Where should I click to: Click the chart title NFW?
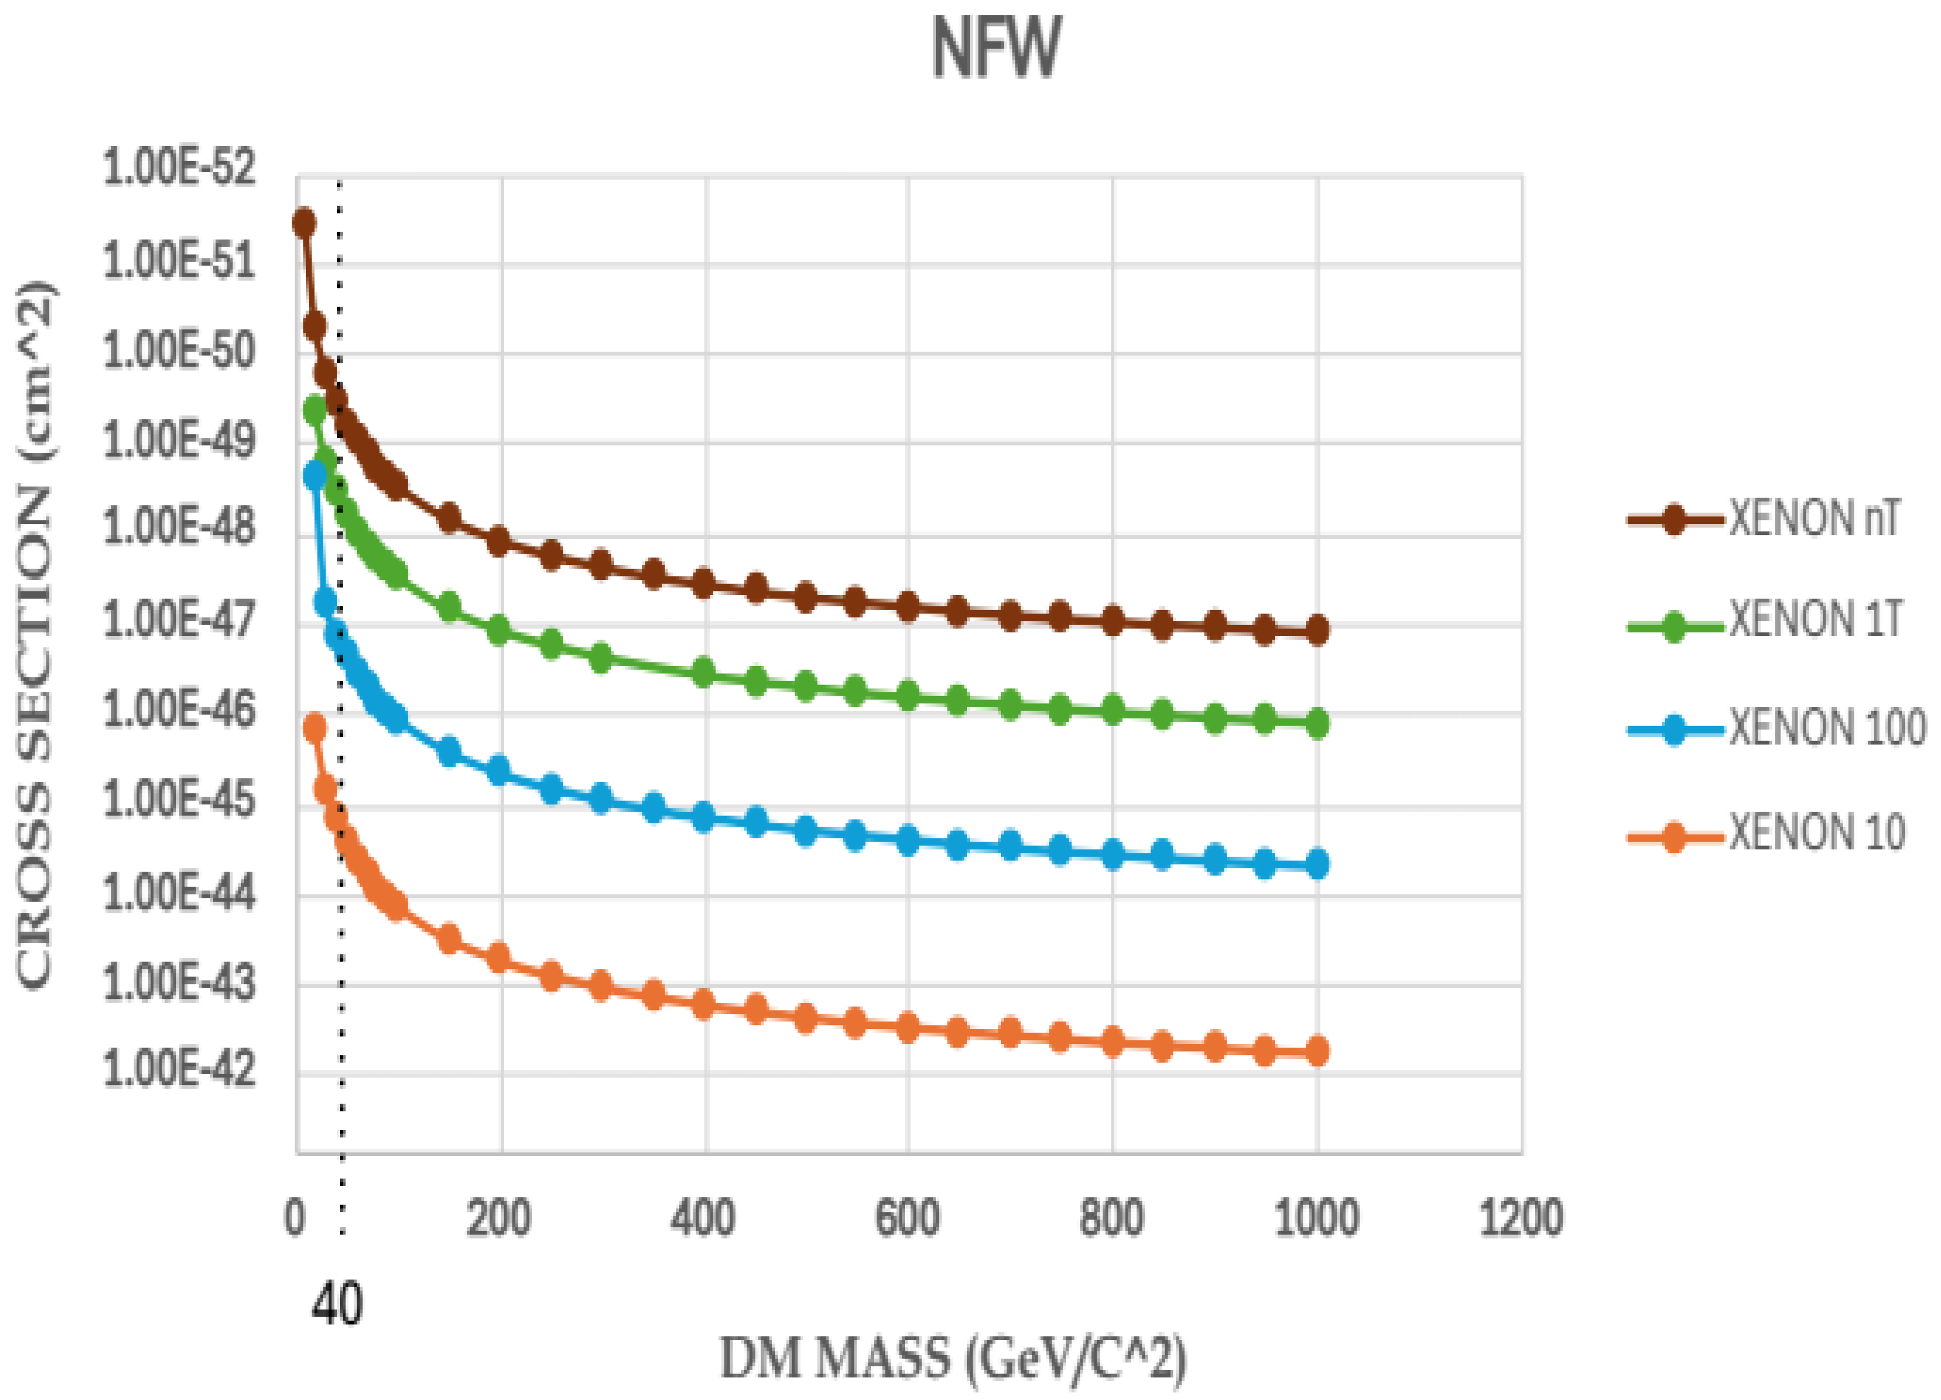click(995, 49)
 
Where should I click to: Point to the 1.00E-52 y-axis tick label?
click(179, 167)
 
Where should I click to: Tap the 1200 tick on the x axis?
click(1521, 1217)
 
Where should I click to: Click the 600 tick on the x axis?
click(907, 1217)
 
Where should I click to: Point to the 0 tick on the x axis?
click(294, 1217)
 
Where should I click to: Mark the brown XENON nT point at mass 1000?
click(1317, 630)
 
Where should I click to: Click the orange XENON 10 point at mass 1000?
click(1317, 1051)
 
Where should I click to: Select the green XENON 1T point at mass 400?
click(703, 673)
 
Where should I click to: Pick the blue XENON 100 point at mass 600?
click(907, 841)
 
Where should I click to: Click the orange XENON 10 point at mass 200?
click(499, 957)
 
